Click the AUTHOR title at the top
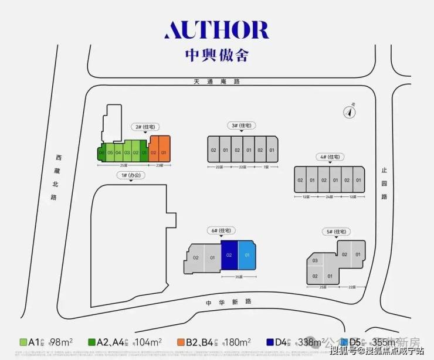[216, 30]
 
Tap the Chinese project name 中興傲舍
[216, 55]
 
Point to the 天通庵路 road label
[216, 81]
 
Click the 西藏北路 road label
[58, 176]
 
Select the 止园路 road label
[384, 183]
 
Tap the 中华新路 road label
[228, 301]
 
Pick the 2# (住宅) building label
[144, 126]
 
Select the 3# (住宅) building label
[240, 125]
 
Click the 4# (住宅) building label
[330, 157]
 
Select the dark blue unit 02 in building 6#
[229, 256]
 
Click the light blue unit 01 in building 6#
[247, 256]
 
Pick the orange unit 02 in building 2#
[154, 152]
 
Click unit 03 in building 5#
[315, 260]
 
